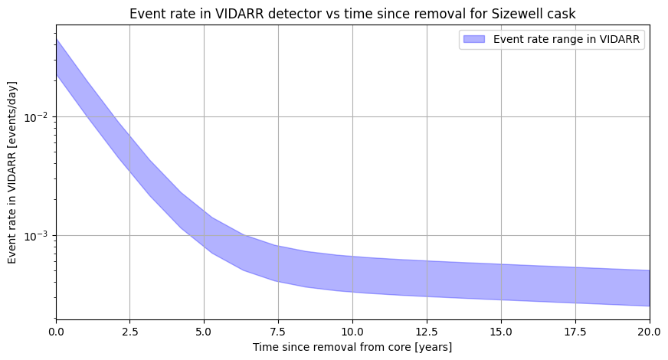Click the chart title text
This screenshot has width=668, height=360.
tap(352, 14)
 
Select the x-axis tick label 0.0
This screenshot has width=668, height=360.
tap(55, 332)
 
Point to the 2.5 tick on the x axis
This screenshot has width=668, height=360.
tap(129, 332)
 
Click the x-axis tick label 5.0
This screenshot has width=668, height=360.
tap(204, 332)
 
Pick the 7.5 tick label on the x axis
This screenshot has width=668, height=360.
tap(278, 332)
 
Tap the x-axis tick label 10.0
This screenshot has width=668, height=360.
tap(352, 332)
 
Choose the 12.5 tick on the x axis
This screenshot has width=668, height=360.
tap(427, 332)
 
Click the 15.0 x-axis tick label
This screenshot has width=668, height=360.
tap(501, 332)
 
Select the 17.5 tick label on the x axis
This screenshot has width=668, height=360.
tap(575, 332)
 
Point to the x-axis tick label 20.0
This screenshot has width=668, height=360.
tap(649, 332)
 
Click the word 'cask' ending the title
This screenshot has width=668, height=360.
tap(562, 14)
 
